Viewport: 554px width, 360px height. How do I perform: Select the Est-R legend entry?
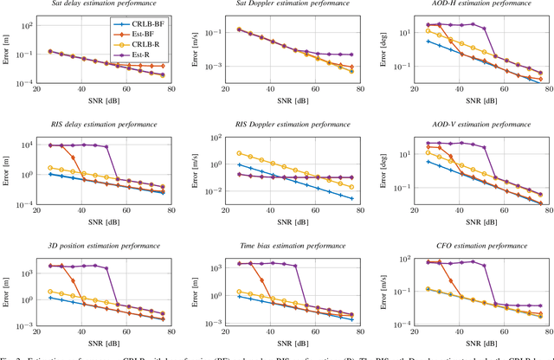[144, 55]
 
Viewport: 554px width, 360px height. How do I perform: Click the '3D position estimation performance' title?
[94, 247]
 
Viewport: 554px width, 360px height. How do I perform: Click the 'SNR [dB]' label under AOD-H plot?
[473, 100]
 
